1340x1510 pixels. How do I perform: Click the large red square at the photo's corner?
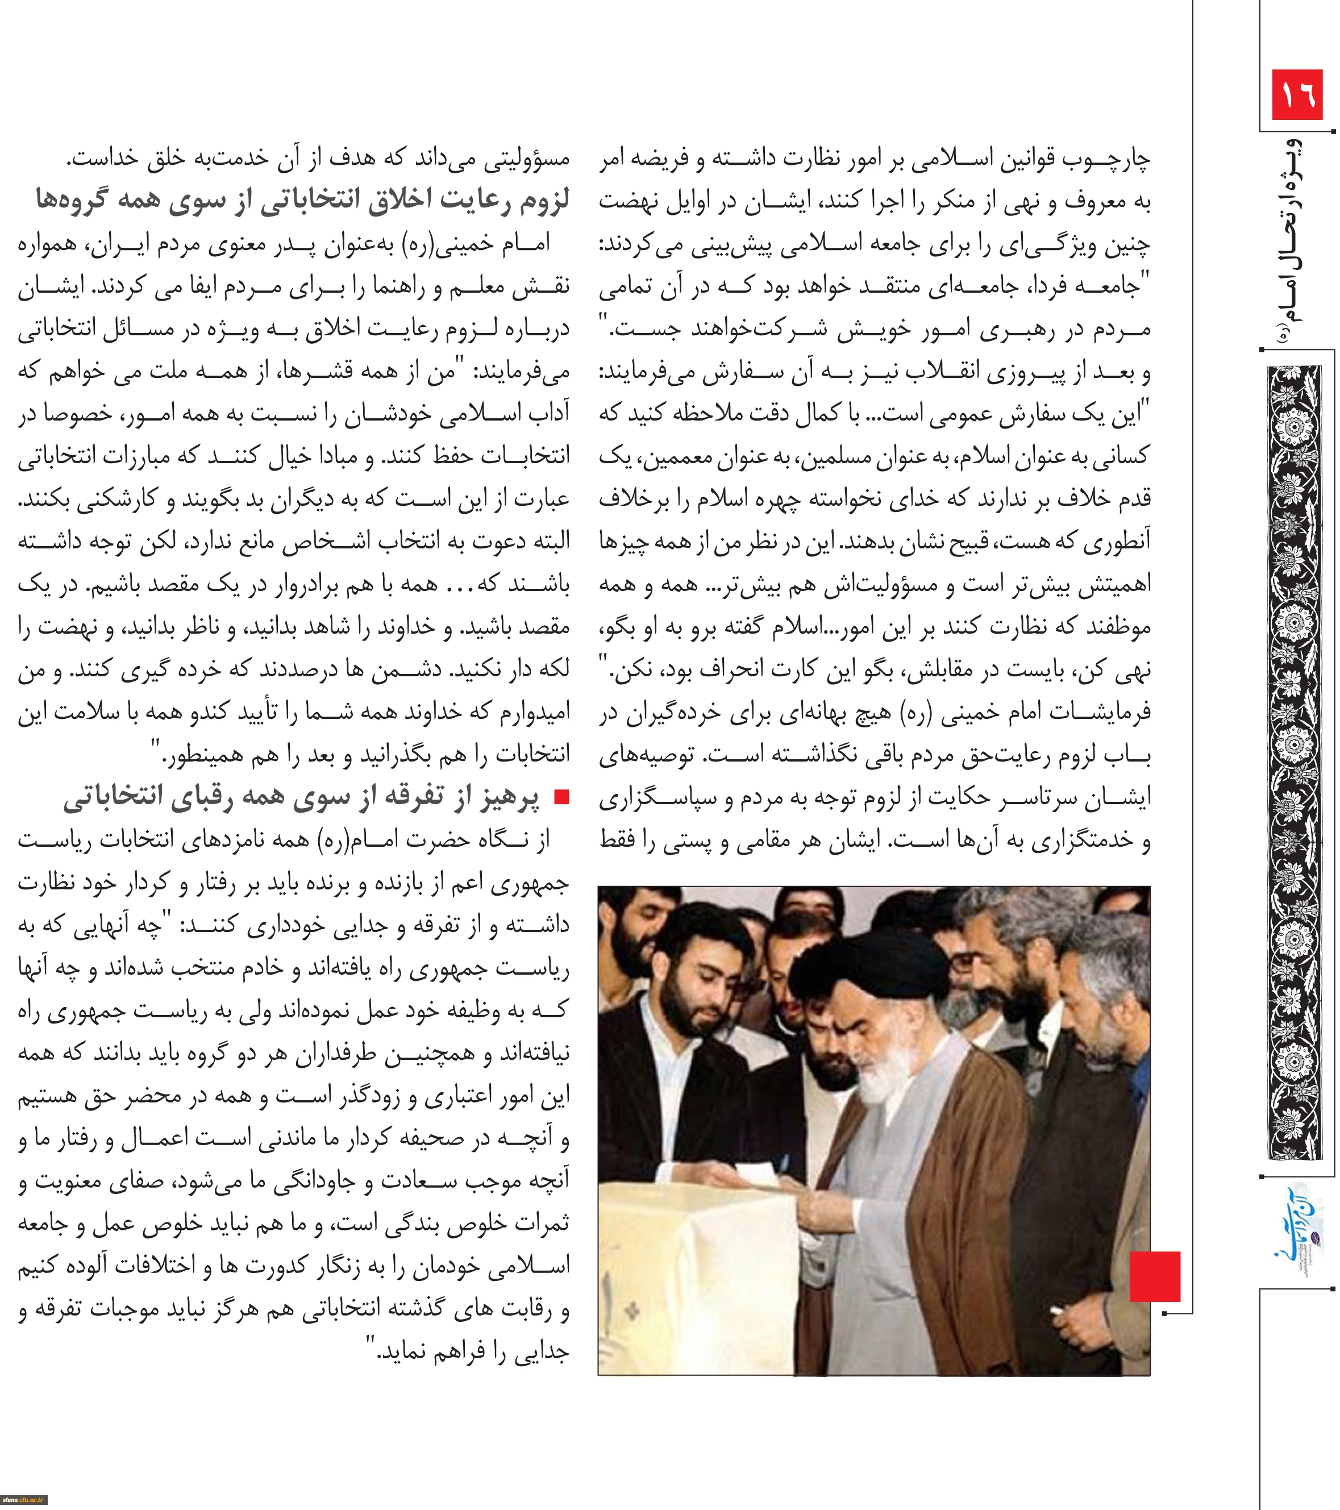click(x=1155, y=1276)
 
